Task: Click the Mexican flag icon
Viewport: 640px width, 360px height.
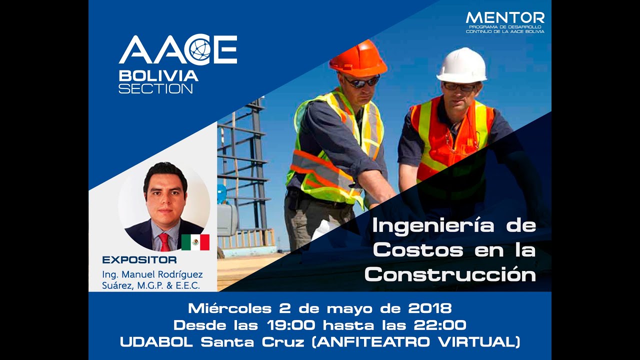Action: click(195, 242)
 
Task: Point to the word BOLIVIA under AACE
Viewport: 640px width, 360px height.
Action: click(158, 76)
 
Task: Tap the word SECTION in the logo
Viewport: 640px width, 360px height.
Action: click(155, 88)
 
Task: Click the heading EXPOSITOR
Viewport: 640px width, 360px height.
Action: click(139, 260)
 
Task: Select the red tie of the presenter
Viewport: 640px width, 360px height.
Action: click(164, 242)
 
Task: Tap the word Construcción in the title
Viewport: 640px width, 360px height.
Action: click(450, 274)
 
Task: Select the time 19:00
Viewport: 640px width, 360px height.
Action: click(290, 325)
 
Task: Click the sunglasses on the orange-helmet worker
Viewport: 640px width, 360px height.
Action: click(361, 81)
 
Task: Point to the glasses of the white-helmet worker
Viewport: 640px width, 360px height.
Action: click(459, 86)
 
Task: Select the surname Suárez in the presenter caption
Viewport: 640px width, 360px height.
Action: click(116, 285)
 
